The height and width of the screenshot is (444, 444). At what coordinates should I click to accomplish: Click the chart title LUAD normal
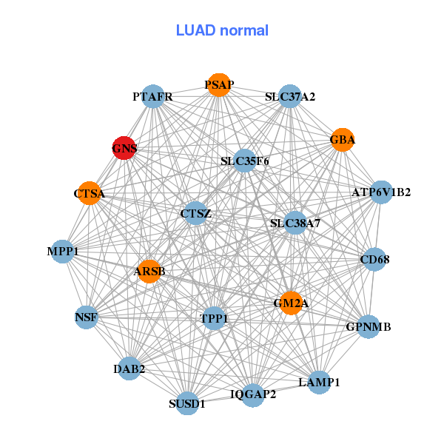pos(222,30)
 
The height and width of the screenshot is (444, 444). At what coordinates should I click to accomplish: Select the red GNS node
pos(124,148)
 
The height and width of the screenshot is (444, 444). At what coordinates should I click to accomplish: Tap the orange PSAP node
pos(218,84)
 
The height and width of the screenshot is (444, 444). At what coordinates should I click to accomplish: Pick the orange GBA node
pos(343,140)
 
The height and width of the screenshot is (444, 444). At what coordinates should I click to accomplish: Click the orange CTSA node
pos(89,193)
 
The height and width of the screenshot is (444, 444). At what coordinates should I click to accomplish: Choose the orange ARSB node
pos(149,272)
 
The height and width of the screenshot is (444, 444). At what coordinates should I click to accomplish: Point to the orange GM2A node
pos(292,303)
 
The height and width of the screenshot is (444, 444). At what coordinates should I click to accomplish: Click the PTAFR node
pos(152,97)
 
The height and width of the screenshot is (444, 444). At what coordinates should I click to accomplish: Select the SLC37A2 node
pos(290,97)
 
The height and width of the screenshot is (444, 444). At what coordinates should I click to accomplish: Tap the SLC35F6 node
pos(244,161)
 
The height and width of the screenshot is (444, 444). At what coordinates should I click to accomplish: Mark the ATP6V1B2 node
pos(381,192)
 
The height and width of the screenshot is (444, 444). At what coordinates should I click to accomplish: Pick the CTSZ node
pos(195,214)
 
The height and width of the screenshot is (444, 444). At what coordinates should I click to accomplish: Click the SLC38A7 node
pos(295,223)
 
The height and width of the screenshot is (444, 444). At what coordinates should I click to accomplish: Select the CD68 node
pos(374,260)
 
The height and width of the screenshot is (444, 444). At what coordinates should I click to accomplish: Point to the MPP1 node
pos(63,252)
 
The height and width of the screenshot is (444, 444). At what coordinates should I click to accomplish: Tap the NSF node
pos(86,318)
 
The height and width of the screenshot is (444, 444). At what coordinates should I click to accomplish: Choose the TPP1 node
pos(215,318)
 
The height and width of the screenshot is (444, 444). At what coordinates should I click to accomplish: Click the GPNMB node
pos(369,326)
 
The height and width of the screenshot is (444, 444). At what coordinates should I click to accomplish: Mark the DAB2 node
pos(129,369)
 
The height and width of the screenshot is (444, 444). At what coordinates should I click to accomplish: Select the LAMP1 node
pos(319,383)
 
